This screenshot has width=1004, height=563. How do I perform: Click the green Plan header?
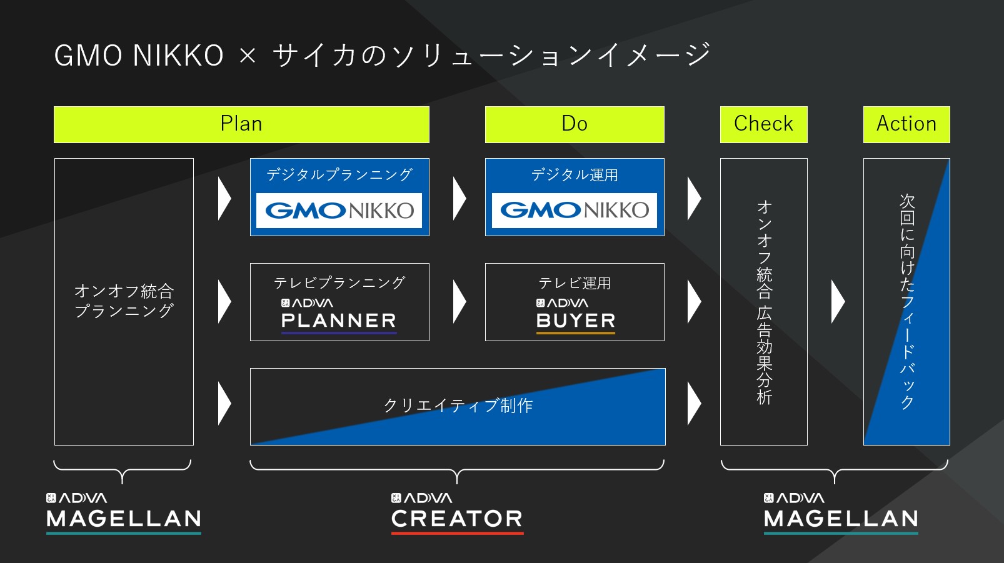(241, 124)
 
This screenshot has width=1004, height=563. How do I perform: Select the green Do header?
(575, 124)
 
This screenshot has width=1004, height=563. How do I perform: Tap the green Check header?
(764, 124)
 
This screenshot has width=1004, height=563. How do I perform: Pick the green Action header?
(906, 124)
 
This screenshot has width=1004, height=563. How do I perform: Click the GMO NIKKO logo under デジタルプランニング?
(339, 210)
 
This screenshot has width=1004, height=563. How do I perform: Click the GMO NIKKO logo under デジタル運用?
(574, 210)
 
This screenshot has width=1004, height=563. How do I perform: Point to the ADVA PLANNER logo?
(339, 316)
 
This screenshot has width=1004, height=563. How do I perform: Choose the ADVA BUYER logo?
(576, 316)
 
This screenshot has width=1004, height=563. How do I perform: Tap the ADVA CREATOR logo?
(457, 514)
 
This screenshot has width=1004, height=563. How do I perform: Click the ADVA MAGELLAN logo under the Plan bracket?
(124, 514)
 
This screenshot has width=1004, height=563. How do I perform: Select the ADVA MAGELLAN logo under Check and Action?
(841, 514)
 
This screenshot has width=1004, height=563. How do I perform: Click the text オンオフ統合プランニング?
(124, 301)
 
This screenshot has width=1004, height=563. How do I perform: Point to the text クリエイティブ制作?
(458, 406)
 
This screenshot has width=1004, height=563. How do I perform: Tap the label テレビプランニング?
(339, 282)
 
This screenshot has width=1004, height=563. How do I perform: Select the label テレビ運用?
(575, 283)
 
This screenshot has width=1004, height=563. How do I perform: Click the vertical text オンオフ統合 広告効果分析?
(764, 303)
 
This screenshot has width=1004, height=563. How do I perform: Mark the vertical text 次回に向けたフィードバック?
(906, 302)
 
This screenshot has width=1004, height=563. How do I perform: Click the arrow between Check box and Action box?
(838, 302)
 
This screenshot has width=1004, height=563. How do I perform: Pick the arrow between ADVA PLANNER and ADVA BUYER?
(459, 302)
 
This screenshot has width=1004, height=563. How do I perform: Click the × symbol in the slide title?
(248, 56)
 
